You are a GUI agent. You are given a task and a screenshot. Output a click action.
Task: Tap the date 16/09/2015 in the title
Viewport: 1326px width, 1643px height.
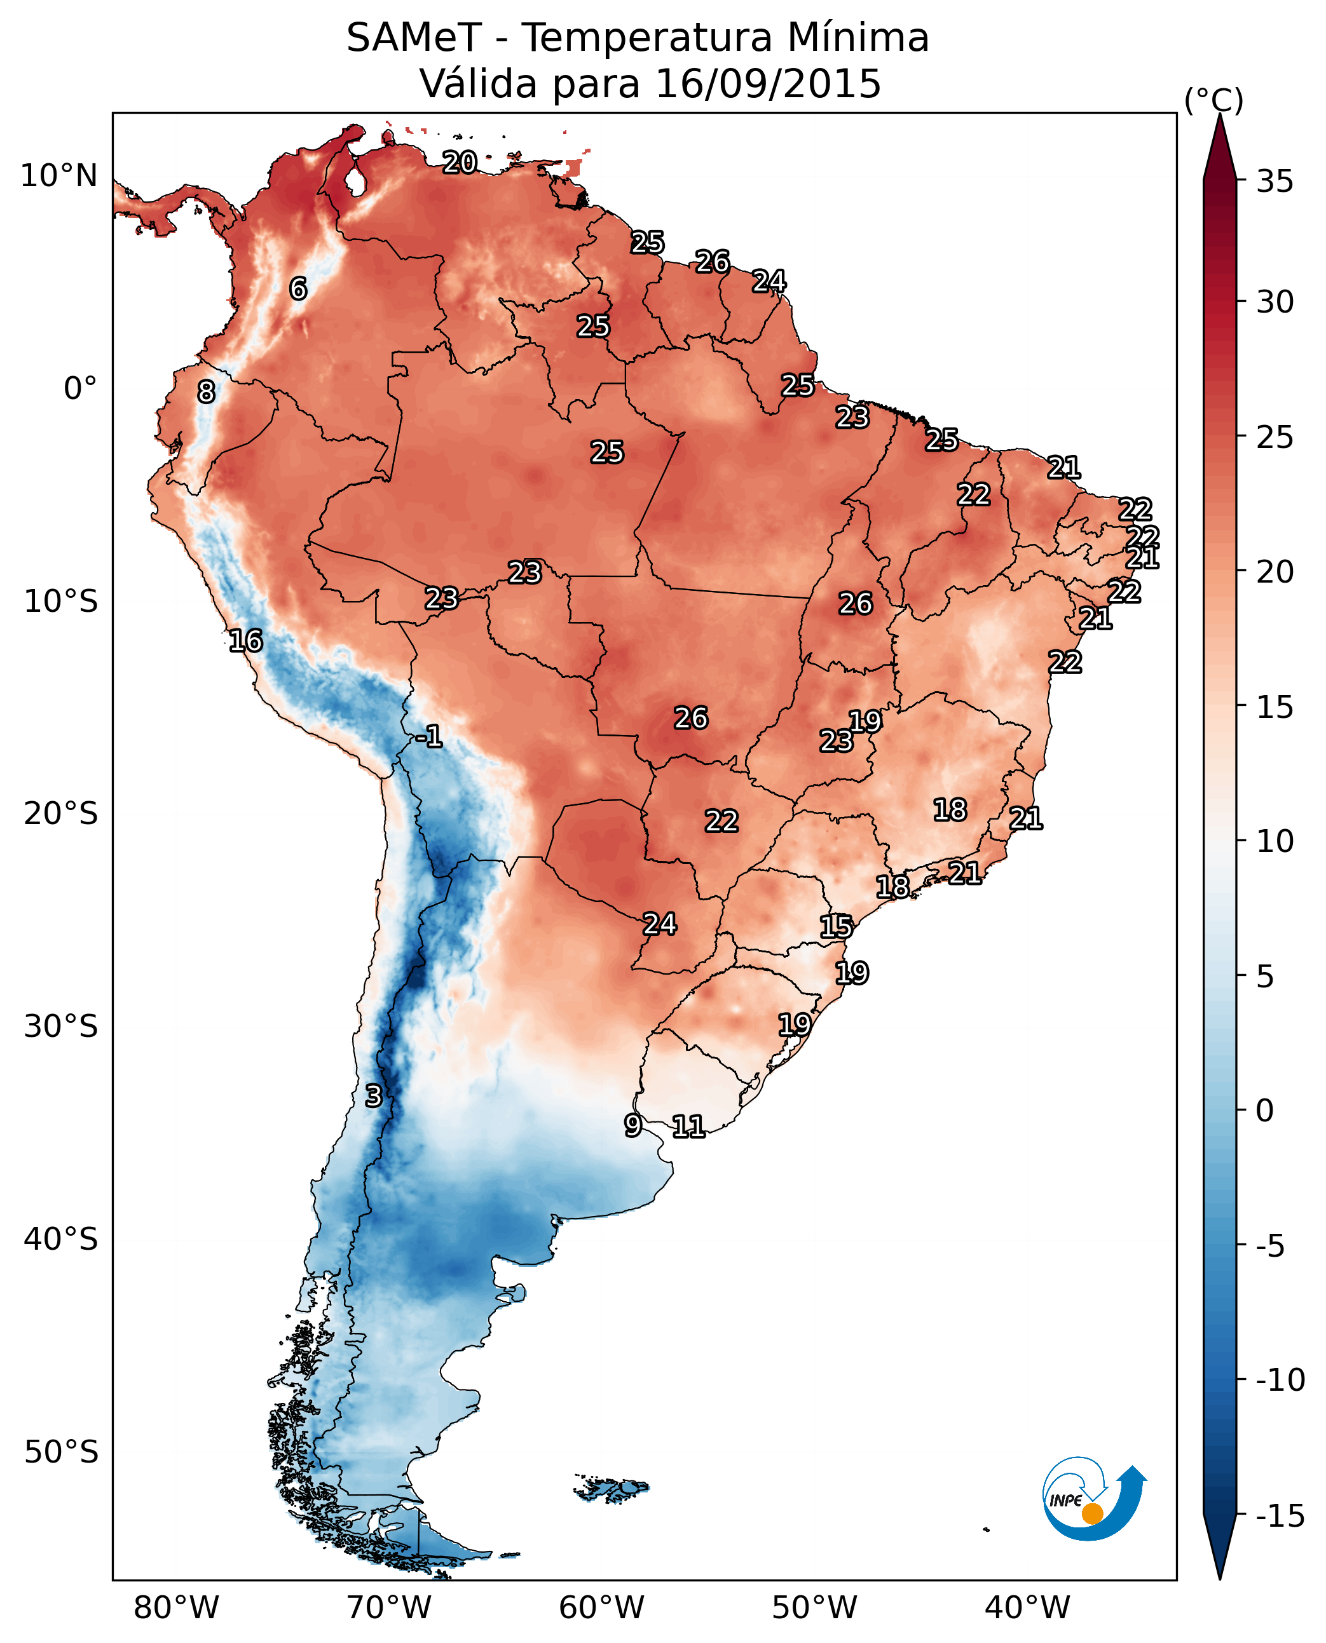(768, 84)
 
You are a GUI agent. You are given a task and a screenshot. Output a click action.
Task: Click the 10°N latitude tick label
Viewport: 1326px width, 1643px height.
(59, 177)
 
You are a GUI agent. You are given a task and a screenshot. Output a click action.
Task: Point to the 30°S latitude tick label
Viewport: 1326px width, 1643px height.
(61, 1026)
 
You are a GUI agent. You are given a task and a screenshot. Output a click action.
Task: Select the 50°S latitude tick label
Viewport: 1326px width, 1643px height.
(61, 1451)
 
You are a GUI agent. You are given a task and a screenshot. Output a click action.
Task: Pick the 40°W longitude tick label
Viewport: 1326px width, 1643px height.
(1027, 1608)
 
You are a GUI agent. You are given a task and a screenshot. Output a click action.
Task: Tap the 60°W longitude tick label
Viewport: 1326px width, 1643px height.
(601, 1608)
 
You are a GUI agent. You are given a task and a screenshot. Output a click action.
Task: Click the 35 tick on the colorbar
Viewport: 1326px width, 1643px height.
(1275, 182)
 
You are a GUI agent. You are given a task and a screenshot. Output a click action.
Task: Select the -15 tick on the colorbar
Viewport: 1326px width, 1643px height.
(1280, 1515)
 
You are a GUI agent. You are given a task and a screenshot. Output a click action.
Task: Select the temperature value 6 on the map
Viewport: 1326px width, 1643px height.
(298, 288)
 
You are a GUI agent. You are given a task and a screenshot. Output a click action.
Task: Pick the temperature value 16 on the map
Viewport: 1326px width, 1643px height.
(246, 640)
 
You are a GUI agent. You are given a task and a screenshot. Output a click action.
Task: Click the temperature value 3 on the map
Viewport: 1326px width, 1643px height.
(373, 1095)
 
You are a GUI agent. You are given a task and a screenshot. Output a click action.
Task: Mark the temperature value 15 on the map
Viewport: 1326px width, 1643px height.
(837, 927)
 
